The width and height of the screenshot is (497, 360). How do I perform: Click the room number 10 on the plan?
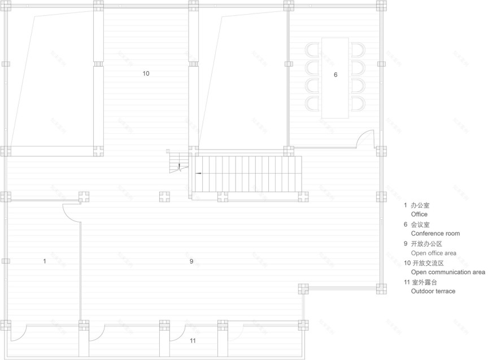[146, 73]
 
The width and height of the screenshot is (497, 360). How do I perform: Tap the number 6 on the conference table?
[335, 74]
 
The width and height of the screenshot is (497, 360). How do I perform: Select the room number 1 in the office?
[44, 261]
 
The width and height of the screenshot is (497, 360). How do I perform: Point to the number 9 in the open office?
[191, 261]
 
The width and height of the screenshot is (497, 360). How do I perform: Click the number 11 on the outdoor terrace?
[193, 341]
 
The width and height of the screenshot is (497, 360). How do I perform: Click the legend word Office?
[419, 214]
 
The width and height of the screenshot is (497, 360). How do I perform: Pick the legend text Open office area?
[433, 253]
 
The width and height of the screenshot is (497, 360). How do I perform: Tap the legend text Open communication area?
[448, 273]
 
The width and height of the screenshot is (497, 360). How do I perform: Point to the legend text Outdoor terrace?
[433, 291]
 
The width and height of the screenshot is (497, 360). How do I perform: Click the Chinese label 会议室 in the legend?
[421, 225]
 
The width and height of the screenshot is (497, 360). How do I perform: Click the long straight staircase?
[247, 173]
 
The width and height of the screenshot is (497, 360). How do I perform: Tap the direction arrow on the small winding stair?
[179, 166]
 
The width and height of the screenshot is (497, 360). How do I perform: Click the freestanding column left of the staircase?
[164, 197]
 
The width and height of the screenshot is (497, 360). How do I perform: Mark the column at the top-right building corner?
[381, 6]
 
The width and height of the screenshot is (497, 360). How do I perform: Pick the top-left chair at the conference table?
[312, 50]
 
